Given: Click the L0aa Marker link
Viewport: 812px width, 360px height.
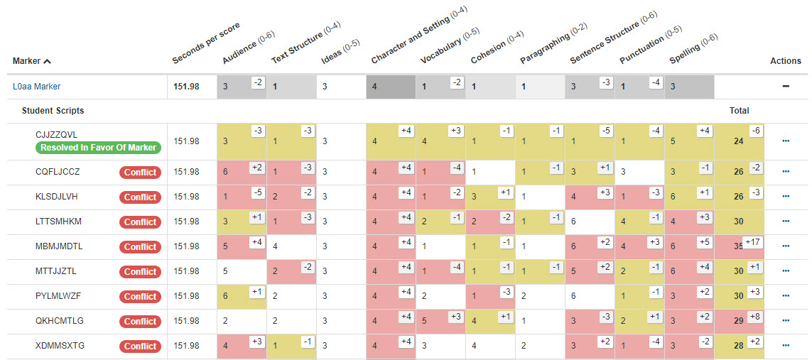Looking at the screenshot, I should pyautogui.click(x=36, y=87).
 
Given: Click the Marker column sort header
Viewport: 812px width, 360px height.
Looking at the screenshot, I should pyautogui.click(x=31, y=61).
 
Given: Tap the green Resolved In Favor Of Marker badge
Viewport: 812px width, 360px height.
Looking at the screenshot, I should pyautogui.click(x=99, y=148).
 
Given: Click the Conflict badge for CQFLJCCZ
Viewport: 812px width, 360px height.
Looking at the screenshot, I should pyautogui.click(x=140, y=172).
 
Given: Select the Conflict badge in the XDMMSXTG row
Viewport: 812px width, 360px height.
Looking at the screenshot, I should pyautogui.click(x=140, y=347).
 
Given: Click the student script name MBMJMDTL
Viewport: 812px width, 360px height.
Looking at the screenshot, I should pyautogui.click(x=58, y=246).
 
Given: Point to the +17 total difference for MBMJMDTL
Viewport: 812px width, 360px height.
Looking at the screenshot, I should pyautogui.click(x=752, y=242).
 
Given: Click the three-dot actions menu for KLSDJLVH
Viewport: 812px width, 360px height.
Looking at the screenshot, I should pyautogui.click(x=786, y=197).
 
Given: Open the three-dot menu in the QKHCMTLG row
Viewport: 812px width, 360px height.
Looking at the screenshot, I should pyautogui.click(x=786, y=321).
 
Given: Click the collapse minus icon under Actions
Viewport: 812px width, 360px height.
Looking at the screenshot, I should pyautogui.click(x=786, y=87).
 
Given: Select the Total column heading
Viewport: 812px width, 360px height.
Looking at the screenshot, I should pyautogui.click(x=739, y=111).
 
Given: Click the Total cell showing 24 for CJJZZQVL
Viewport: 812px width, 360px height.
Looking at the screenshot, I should pyautogui.click(x=738, y=141).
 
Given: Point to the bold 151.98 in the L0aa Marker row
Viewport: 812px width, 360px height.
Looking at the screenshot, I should pyautogui.click(x=186, y=87).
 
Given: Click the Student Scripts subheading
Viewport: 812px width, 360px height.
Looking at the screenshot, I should pyautogui.click(x=53, y=111).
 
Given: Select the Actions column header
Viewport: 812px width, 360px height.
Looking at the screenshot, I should pyautogui.click(x=786, y=61).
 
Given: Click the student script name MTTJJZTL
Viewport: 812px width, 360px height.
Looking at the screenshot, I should pyautogui.click(x=56, y=271).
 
